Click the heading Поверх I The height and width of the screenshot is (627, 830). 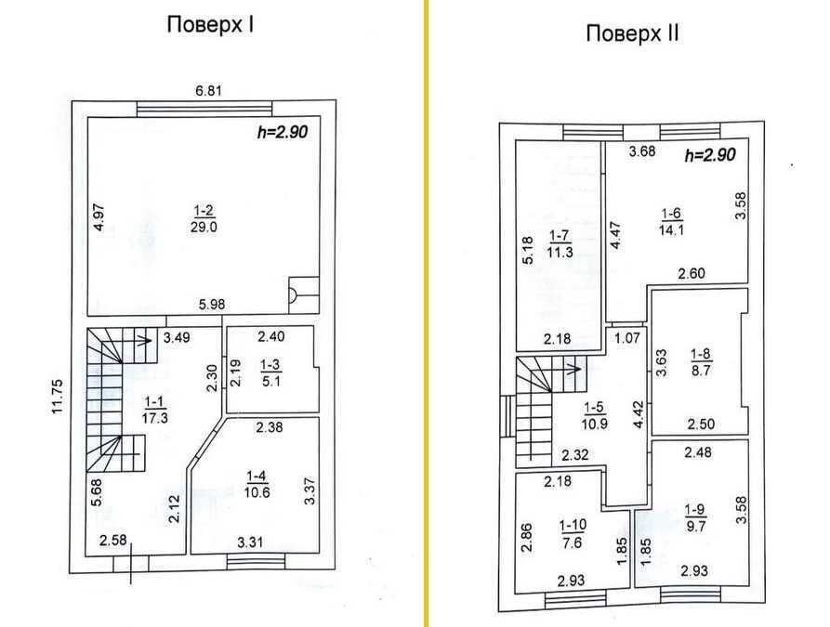(210, 25)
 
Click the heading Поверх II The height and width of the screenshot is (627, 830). (632, 33)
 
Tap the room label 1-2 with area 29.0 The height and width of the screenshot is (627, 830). (204, 219)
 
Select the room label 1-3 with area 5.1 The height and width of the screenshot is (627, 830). (271, 372)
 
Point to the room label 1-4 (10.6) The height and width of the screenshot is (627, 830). (257, 484)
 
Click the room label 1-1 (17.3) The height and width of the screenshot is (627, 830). (154, 410)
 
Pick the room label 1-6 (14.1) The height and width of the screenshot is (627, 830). (671, 222)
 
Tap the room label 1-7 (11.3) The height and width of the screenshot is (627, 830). (560, 243)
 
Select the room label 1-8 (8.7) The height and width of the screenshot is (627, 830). (701, 362)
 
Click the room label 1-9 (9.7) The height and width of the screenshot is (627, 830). (695, 517)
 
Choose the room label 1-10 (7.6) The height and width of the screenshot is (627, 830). (573, 533)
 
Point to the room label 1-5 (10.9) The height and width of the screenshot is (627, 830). (594, 415)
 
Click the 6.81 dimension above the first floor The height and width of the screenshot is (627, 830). (208, 90)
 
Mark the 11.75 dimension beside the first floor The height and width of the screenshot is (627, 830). (58, 396)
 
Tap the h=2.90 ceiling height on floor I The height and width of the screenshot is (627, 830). (283, 132)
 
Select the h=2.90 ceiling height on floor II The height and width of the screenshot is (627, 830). (710, 155)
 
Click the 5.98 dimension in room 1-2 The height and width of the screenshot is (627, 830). (212, 305)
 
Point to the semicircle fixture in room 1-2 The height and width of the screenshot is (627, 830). (292, 294)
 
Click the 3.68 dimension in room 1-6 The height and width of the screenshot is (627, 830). (642, 151)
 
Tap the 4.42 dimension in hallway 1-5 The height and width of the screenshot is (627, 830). (638, 414)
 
